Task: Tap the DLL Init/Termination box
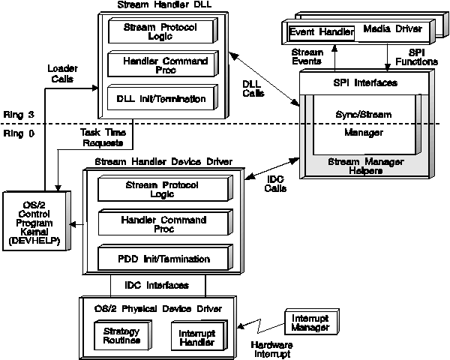157,97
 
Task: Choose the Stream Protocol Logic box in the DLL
157,31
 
